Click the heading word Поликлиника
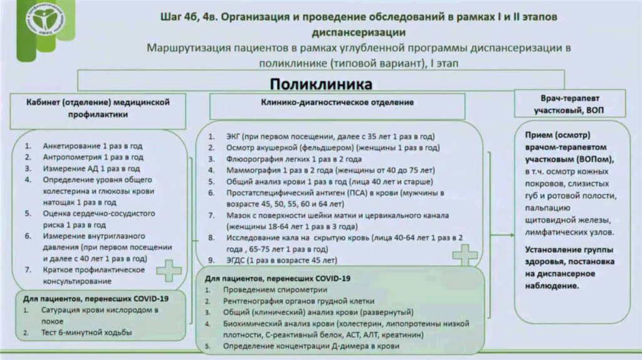pyautogui.click(x=320, y=83)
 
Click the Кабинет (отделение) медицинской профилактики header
pyautogui.click(x=98, y=109)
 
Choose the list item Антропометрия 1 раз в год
pyautogui.click(x=93, y=157)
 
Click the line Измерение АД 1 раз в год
pyautogui.click(x=91, y=168)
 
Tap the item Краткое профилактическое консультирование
pyautogui.click(x=94, y=275)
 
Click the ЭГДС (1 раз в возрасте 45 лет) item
pyautogui.click(x=282, y=260)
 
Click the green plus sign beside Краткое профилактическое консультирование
pyautogui.click(x=169, y=272)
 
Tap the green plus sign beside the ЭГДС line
pyautogui.click(x=465, y=254)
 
